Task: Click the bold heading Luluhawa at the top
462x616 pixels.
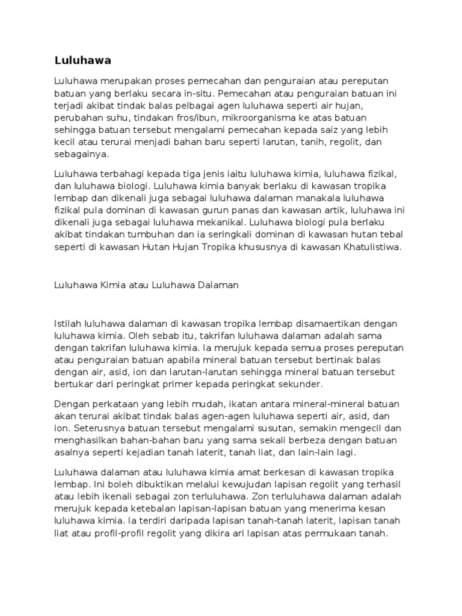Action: point(83,60)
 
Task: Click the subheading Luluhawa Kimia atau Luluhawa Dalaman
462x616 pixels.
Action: point(146,286)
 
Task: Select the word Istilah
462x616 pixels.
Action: point(67,324)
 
